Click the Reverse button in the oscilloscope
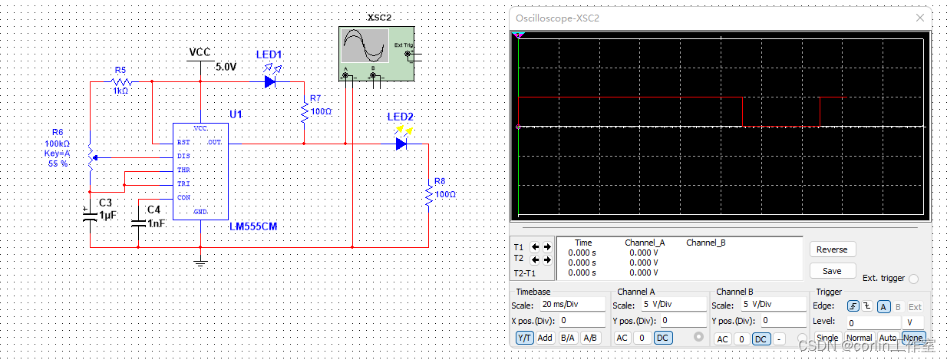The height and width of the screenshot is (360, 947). click(832, 249)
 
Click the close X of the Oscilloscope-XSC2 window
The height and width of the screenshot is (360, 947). click(920, 18)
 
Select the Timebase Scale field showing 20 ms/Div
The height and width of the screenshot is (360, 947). click(571, 305)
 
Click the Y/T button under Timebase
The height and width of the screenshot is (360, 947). click(524, 338)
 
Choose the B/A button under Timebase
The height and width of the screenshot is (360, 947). click(568, 338)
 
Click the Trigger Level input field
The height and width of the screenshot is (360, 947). click(872, 323)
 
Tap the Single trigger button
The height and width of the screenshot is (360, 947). click(827, 338)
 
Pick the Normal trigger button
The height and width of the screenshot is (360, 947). click(859, 338)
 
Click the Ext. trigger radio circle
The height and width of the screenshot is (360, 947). click(913, 279)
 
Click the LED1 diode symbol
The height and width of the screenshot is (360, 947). click(269, 80)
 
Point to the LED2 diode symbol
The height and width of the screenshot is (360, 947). click(401, 143)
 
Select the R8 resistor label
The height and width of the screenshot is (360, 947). click(440, 181)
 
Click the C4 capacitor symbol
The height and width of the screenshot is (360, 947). click(138, 223)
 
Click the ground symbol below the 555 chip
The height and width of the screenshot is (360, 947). click(200, 263)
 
